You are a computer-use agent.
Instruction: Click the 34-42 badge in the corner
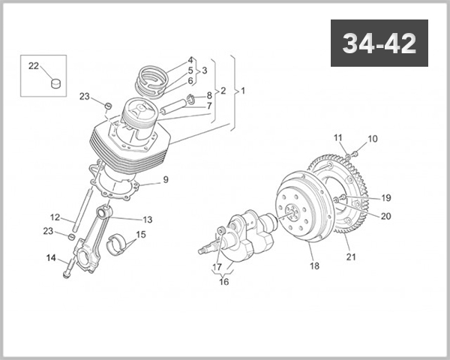(379, 43)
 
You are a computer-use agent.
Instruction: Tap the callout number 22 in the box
(34, 66)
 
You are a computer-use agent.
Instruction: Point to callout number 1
(241, 91)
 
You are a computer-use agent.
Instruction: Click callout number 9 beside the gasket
(166, 179)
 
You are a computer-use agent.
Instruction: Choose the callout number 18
(314, 265)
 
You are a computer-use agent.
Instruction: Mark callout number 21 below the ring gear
(351, 257)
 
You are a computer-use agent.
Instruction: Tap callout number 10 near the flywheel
(373, 139)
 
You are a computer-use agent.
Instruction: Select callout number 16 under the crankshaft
(223, 282)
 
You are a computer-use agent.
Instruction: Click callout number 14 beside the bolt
(51, 259)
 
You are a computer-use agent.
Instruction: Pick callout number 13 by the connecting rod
(147, 220)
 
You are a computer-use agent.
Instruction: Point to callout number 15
(142, 234)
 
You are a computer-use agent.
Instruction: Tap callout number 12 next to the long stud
(55, 217)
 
